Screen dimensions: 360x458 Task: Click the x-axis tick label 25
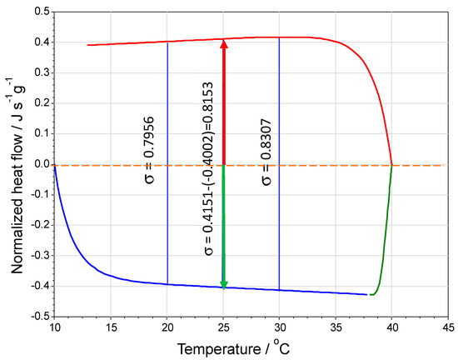coord(223,327)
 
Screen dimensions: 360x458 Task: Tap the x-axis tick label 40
coord(391,327)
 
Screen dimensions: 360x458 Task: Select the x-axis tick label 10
coord(55,327)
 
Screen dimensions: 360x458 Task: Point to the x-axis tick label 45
coord(447,327)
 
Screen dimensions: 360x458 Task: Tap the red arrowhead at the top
coord(223,45)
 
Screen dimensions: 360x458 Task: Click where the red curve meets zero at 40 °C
coord(391,163)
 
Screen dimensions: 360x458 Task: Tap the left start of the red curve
coord(89,45)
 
